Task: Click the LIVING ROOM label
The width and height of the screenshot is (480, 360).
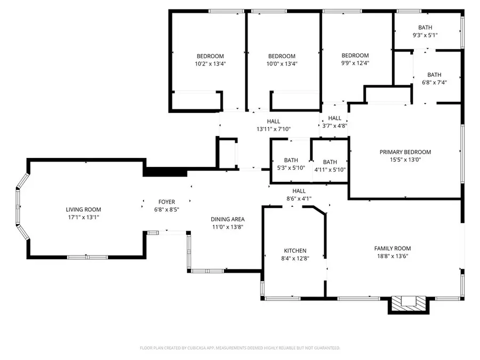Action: click(83, 210)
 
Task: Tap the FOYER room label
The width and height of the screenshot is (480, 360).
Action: click(166, 202)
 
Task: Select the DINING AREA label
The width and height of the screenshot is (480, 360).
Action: click(228, 219)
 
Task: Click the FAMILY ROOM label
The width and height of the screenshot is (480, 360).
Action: click(393, 248)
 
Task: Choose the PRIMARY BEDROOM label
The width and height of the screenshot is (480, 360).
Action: click(405, 152)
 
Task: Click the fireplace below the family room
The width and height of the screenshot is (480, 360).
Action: click(408, 303)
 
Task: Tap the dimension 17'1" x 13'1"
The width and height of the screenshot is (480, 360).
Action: click(83, 218)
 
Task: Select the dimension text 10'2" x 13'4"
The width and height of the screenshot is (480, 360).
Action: click(210, 63)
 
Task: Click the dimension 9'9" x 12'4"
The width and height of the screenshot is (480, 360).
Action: click(355, 63)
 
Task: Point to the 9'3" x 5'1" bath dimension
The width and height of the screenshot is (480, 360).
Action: click(425, 35)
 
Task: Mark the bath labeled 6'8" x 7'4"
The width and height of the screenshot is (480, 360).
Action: click(434, 78)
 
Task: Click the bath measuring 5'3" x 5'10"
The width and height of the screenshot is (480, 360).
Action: click(291, 164)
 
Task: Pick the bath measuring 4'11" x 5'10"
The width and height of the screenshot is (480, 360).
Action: click(330, 166)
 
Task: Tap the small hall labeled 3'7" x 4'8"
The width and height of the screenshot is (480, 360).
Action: click(335, 122)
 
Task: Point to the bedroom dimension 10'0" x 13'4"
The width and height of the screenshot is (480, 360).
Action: click(282, 63)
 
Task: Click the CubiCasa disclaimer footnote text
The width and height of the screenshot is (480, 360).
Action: click(240, 348)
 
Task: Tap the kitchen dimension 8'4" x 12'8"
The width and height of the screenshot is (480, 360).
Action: click(295, 258)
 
